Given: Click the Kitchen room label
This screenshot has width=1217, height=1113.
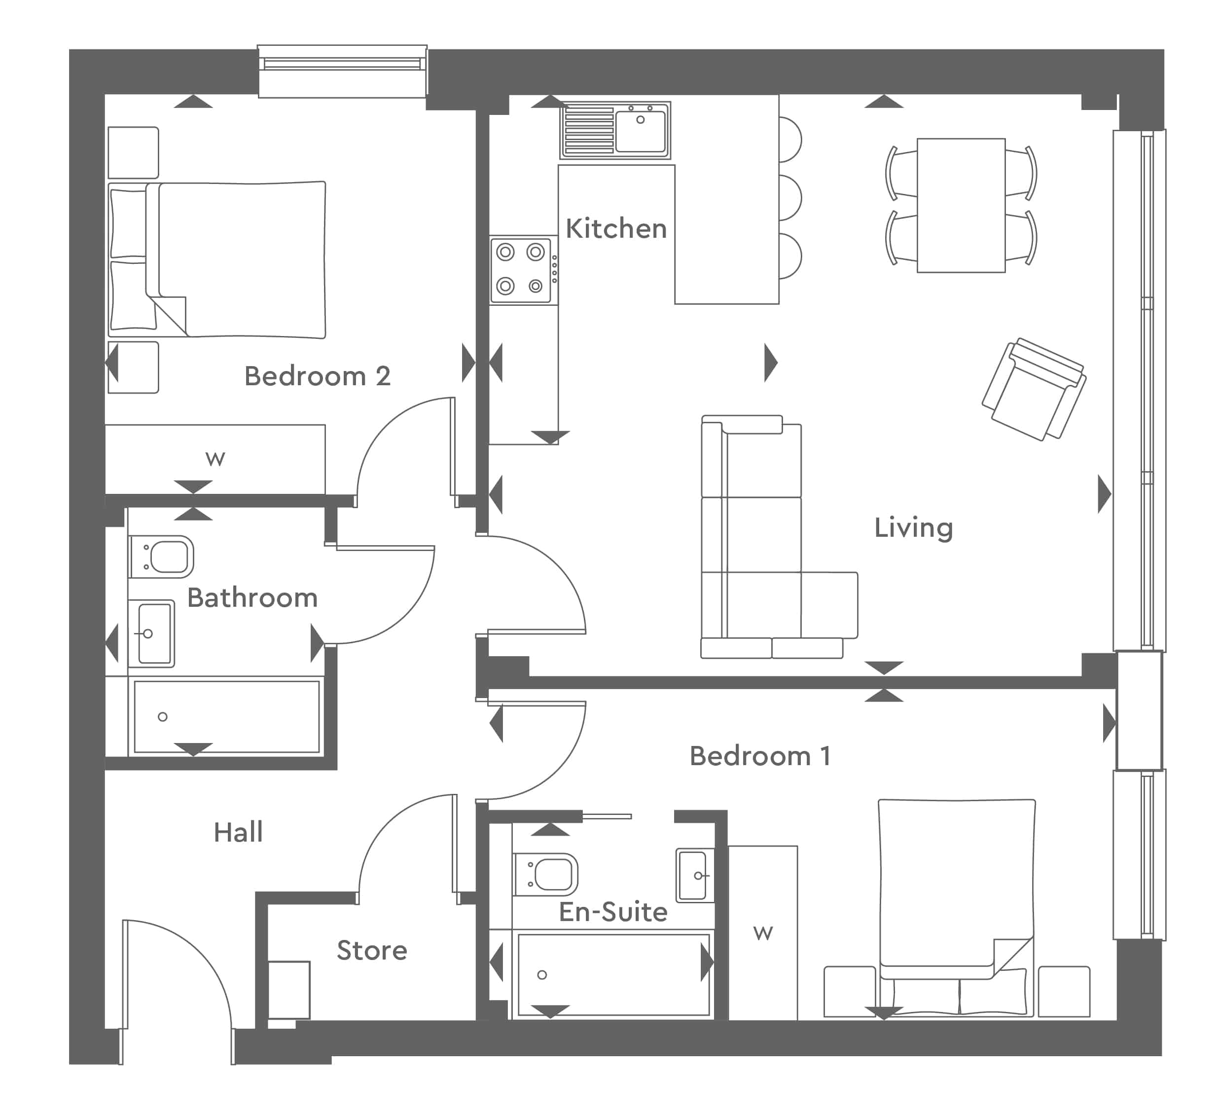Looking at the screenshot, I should [616, 229].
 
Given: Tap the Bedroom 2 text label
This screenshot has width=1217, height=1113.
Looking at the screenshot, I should [317, 376].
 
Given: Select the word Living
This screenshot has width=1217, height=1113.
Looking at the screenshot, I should [913, 528].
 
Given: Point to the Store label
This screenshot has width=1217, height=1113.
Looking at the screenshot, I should [372, 951].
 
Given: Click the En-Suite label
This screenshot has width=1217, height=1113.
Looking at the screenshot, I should [613, 912].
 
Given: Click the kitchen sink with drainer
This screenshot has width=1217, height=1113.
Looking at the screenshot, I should [615, 130].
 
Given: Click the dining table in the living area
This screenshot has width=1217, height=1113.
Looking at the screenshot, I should [961, 205].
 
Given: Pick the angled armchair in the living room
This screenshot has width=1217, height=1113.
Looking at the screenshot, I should [1034, 389].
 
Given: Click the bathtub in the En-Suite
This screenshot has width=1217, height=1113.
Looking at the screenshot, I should [613, 975].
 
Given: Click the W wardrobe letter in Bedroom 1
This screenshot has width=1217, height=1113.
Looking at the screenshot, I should [763, 933].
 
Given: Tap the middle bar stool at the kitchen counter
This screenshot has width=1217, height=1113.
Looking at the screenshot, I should [789, 197].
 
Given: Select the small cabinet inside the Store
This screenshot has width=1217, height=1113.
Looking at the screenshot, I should [288, 990].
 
